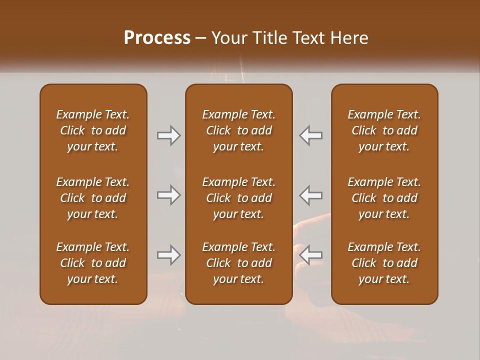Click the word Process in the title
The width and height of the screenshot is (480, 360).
point(157,38)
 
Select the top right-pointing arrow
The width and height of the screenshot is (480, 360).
point(168,135)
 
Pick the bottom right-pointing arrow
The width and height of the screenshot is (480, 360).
point(168,255)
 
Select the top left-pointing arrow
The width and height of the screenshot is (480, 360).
point(311,135)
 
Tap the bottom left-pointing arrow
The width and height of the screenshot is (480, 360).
point(311,255)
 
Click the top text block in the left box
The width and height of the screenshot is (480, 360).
point(93,130)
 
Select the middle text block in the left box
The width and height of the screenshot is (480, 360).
point(93,198)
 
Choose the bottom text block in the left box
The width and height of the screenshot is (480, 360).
point(93,263)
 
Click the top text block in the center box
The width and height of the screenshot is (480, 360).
point(238,130)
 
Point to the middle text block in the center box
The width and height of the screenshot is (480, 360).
point(238,198)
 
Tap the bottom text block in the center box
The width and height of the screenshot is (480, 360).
point(238,263)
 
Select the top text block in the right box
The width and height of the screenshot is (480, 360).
point(384,130)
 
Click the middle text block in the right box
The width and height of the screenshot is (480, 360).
point(384,198)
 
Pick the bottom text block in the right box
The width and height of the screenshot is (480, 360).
point(384,263)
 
